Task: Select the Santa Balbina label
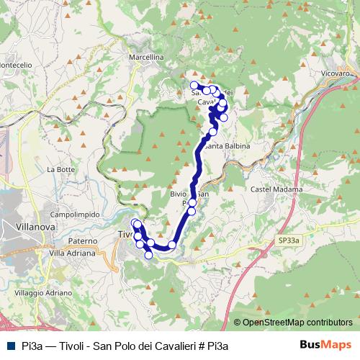click(228, 146)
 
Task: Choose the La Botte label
click(60, 169)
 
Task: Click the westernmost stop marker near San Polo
click(194, 86)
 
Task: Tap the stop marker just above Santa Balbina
click(212, 131)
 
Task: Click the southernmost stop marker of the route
click(149, 254)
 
